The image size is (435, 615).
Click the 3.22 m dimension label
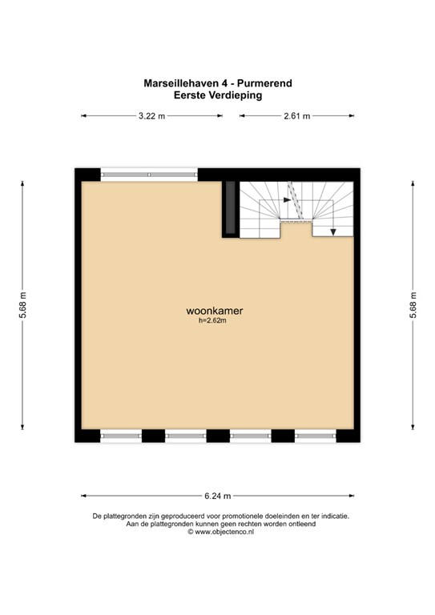tap(151, 116)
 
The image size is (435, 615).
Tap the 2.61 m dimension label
tap(297, 116)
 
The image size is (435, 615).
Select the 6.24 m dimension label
tap(218, 496)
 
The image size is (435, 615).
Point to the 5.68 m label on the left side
tap(22, 306)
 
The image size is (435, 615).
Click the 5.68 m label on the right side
tap(413, 306)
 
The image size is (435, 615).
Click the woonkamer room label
tap(215, 311)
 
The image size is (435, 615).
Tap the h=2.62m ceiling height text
tap(212, 320)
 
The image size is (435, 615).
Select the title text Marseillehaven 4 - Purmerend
tap(218, 83)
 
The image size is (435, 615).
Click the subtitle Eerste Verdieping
tap(218, 95)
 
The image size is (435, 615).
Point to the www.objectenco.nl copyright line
tap(220, 532)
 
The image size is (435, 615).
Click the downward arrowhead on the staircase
tap(333, 231)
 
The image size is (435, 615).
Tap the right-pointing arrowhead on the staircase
tap(287, 200)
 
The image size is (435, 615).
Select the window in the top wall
tap(149, 175)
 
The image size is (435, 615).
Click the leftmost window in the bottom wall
tap(121, 436)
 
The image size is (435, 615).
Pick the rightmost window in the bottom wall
tap(316, 436)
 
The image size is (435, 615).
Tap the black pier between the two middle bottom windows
tap(218, 436)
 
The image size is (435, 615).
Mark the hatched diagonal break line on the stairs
tap(296, 200)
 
